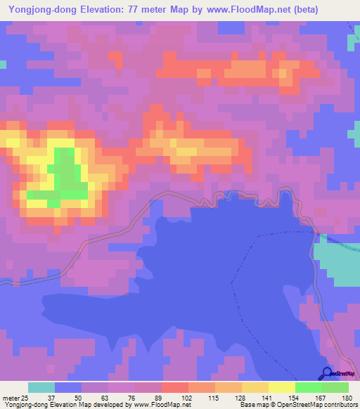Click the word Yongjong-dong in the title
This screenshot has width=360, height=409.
point(45,10)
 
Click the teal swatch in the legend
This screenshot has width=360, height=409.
point(41,387)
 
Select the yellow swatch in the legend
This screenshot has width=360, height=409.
point(282,387)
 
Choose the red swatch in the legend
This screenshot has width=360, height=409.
point(175,387)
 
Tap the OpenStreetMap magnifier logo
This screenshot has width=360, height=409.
point(326,373)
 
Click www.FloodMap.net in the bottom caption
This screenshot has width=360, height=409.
point(159,405)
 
